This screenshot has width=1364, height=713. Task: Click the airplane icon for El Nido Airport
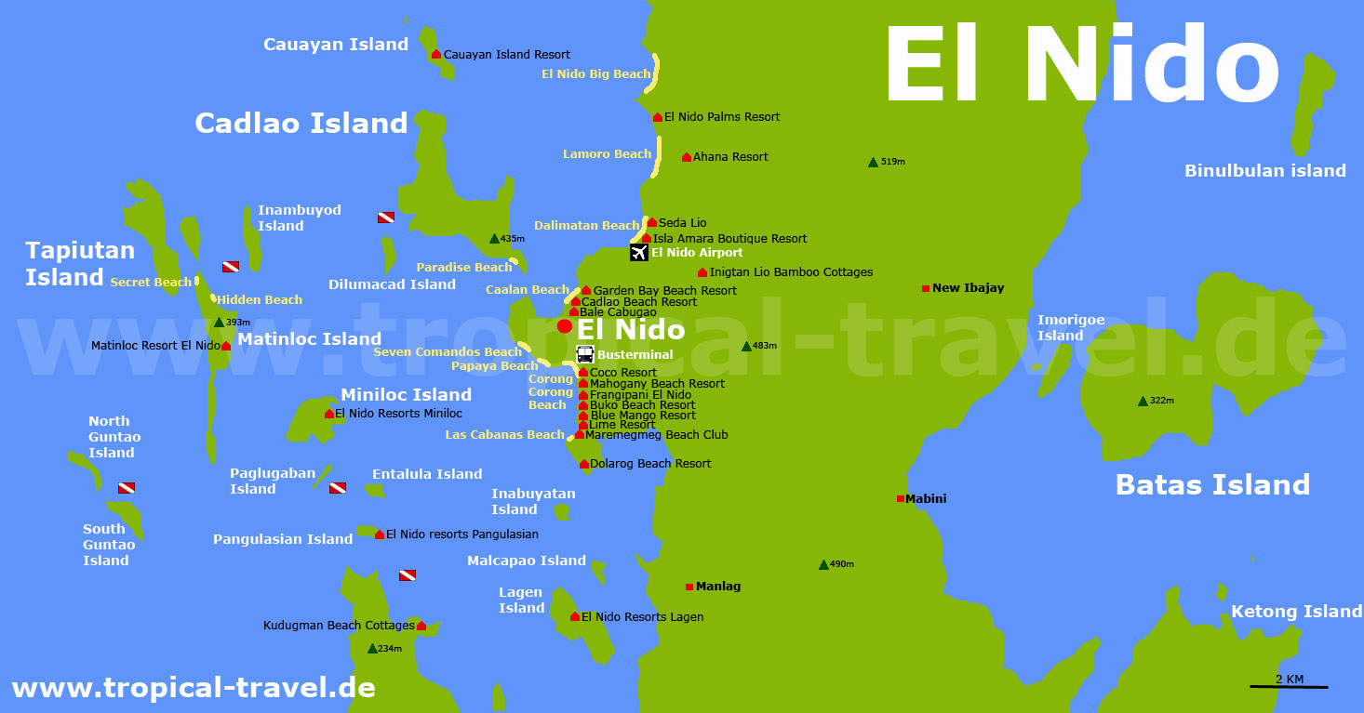point(638,252)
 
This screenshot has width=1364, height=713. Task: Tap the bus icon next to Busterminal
point(584,354)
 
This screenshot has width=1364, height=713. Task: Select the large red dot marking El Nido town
point(564,326)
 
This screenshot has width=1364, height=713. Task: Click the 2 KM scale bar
point(1289,686)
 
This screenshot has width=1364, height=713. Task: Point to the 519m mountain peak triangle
point(873,163)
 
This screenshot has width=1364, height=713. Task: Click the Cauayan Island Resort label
point(506,55)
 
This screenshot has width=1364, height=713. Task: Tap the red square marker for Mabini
point(900,499)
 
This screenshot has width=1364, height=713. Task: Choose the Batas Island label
point(1212,484)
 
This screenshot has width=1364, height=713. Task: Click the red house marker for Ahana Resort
point(687,157)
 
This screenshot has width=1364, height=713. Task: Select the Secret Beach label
point(151,282)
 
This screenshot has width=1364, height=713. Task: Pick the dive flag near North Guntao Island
point(127,488)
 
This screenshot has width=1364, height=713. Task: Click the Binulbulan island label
point(1264,170)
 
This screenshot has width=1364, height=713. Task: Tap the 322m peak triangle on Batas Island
point(1143,402)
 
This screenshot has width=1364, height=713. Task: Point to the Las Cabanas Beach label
point(504,434)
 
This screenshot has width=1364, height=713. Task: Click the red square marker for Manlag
point(689,587)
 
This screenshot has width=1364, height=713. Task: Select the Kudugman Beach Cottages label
point(339,626)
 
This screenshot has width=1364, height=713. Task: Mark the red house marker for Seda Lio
point(651,223)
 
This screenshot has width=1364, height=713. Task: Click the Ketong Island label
point(1296,611)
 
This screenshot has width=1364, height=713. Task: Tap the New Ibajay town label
point(968,288)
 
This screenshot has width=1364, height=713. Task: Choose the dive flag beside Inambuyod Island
point(385,217)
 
